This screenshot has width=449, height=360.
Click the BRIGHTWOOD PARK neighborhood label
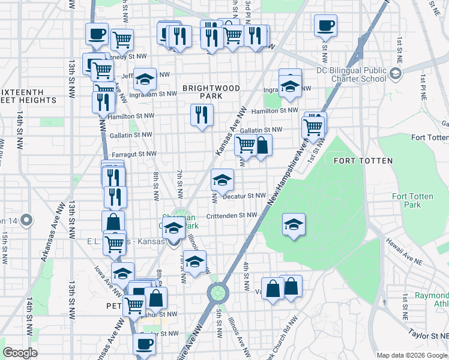click(x=211, y=92)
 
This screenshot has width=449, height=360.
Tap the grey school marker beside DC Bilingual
click(x=395, y=74)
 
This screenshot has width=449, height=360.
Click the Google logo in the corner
click(x=20, y=353)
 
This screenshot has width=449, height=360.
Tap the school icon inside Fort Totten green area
click(x=294, y=225)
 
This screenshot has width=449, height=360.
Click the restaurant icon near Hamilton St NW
click(x=202, y=115)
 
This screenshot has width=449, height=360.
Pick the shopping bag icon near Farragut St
click(x=262, y=145)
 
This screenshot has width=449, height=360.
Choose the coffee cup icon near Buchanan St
click(x=143, y=344)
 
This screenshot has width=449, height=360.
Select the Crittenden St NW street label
click(x=232, y=215)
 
